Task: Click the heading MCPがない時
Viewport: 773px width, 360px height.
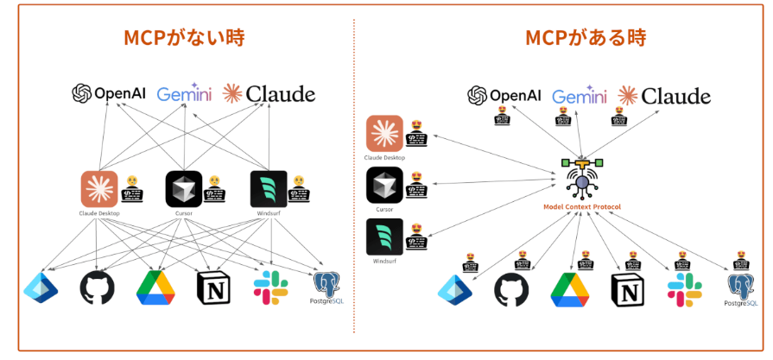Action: point(183,38)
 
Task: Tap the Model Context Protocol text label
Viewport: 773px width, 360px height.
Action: point(583,207)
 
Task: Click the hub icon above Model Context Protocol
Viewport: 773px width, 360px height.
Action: point(583,178)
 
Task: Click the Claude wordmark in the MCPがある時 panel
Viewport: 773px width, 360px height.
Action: point(664,96)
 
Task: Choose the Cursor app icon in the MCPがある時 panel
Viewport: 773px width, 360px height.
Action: point(384,185)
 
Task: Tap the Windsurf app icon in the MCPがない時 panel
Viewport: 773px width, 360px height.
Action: point(269,189)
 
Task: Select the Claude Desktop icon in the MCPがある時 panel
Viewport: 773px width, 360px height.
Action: point(384,133)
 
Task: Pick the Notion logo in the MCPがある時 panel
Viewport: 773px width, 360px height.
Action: point(629,290)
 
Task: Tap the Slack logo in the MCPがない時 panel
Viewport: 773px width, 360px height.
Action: point(270,287)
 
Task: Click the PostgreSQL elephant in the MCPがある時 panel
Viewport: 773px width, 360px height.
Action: point(741,286)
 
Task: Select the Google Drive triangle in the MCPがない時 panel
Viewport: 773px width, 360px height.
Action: point(156,288)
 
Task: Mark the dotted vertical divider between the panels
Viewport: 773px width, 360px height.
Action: point(354,173)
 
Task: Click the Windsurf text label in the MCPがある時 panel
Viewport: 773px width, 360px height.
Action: point(384,261)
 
